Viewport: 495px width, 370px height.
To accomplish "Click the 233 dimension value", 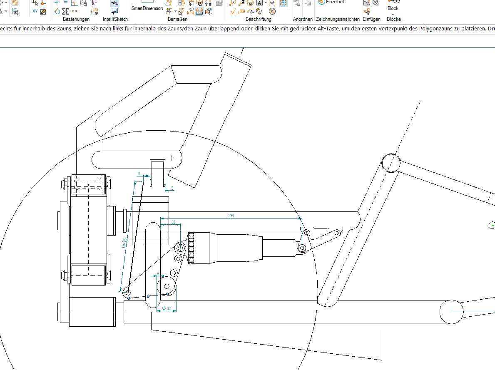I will point(231,215).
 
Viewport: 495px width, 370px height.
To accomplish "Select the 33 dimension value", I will point(173,222).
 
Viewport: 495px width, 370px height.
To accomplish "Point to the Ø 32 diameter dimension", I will point(167,308).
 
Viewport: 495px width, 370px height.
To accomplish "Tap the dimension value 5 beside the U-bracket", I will point(172,188).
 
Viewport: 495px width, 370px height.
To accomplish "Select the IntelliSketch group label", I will point(115,19).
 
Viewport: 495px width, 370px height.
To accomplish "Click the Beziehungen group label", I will point(76,19).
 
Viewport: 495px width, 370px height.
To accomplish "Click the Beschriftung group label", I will point(258,19).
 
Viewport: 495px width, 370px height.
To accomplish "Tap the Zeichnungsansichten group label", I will point(338,19).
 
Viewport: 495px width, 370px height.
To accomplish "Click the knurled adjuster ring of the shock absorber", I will point(192,248).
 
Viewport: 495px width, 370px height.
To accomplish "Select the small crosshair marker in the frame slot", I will point(171,158).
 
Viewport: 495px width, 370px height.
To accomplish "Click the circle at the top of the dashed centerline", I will point(391,163).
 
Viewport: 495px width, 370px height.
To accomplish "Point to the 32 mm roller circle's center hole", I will point(167,286).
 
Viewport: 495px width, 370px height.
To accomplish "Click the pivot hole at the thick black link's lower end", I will point(128,293).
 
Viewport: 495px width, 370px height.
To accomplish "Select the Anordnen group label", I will point(303,19).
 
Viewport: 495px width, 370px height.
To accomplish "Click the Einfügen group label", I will point(371,19).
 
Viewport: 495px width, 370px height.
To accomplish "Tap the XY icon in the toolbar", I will point(35,11).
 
